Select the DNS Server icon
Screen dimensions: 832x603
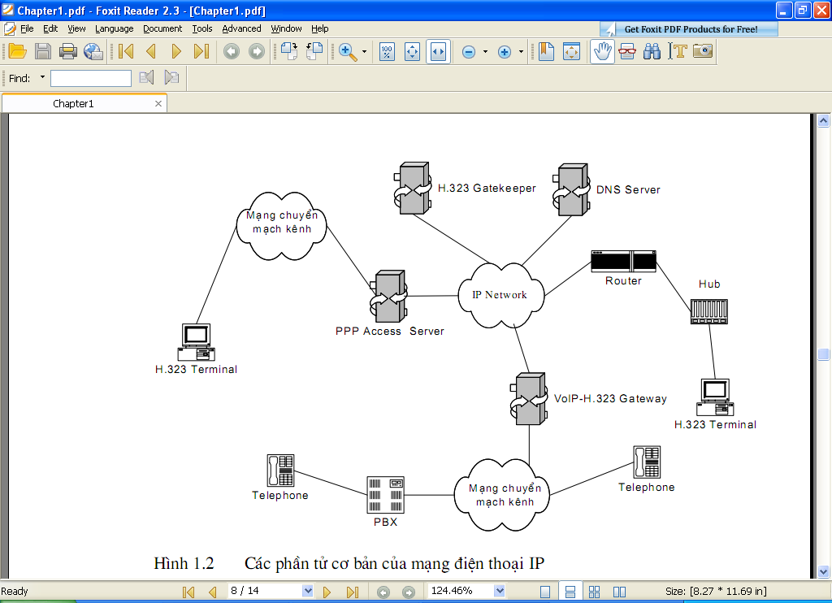point(571,189)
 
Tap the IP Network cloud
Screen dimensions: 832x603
point(500,295)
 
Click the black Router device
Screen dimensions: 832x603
point(623,261)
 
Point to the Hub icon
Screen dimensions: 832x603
point(708,311)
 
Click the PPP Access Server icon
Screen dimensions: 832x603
point(388,296)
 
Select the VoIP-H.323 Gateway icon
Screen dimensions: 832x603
point(529,399)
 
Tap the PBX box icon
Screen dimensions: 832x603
point(385,495)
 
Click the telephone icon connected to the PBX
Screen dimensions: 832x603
point(280,471)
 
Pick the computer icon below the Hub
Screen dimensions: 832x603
point(715,397)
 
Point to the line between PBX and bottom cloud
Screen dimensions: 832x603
point(429,495)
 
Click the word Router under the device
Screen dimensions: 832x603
point(623,281)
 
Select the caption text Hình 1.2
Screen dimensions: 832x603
point(184,563)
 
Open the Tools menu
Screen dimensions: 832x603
point(202,28)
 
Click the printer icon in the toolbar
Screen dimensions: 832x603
point(68,51)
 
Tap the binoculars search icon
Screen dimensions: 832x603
point(652,51)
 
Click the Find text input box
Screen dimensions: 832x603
point(91,79)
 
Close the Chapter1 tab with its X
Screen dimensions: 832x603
point(158,103)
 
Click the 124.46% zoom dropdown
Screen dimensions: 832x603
point(466,591)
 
